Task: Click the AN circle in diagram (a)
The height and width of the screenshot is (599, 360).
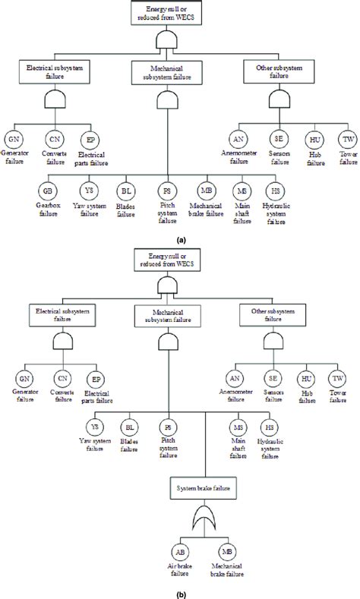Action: tap(238, 140)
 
